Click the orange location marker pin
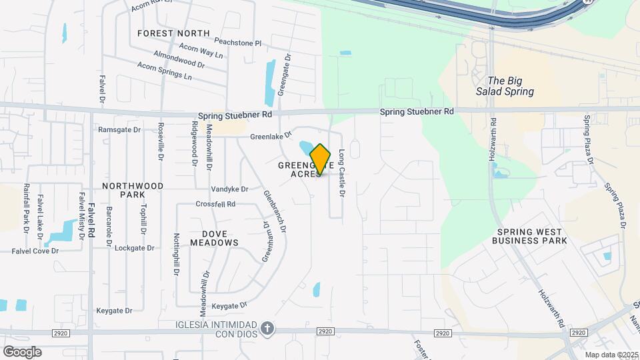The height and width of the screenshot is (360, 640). (321, 160)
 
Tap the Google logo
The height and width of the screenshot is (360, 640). (22, 351)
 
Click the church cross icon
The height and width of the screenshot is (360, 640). (267, 328)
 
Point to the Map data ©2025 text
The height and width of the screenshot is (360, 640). (611, 355)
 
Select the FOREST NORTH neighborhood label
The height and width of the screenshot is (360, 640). (173, 33)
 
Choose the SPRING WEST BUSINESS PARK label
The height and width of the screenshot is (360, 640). (529, 236)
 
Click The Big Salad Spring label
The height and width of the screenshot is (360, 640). (505, 86)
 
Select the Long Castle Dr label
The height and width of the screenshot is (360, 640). (341, 173)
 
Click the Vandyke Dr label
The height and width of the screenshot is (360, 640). (229, 189)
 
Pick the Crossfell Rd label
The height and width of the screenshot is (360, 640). (215, 204)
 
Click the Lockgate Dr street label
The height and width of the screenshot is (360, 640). (134, 247)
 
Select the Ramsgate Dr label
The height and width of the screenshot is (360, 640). (119, 129)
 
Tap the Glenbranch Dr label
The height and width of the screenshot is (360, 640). (275, 211)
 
